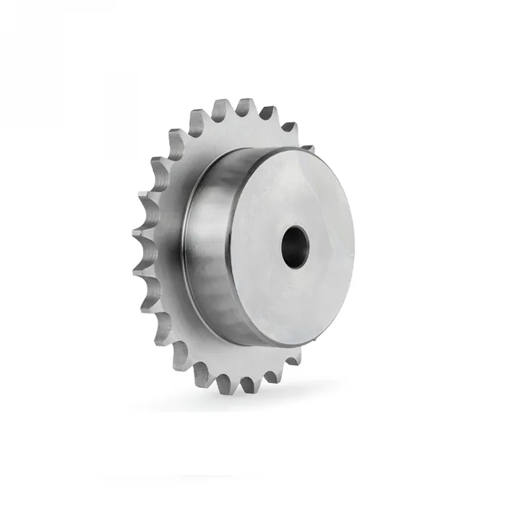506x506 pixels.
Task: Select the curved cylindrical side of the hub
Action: tap(217, 246)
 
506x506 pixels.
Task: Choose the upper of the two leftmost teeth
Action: tap(141, 224)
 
